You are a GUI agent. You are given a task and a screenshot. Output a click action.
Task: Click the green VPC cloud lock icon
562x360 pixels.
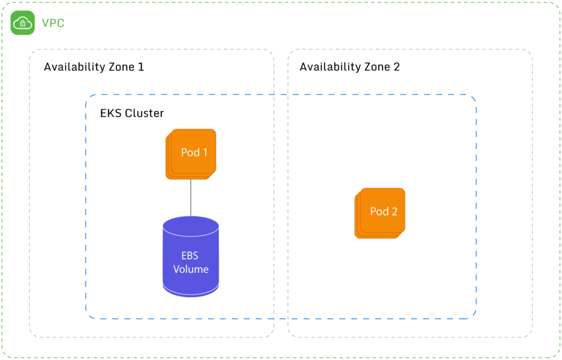22,23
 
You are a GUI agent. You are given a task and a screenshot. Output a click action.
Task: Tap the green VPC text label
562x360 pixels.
53,24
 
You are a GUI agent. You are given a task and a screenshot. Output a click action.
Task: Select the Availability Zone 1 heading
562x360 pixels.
94,67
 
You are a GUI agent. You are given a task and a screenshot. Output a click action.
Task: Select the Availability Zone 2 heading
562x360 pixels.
350,67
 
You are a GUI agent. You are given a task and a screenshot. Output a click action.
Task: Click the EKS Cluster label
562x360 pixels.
132,114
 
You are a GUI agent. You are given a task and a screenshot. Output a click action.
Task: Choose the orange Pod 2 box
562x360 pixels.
380,212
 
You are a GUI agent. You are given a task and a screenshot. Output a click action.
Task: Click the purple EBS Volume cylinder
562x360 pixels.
191,258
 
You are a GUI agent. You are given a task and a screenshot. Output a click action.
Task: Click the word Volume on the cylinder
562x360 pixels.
191,269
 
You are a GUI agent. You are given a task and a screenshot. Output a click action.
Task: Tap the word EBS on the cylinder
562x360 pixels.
190,256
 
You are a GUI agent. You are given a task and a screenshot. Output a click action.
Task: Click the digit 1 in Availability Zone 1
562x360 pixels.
141,67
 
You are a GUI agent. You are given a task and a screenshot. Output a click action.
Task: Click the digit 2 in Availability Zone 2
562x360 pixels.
397,67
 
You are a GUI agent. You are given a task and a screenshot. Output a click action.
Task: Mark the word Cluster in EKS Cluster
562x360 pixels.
145,114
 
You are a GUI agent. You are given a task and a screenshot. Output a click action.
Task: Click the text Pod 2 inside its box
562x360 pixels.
384,211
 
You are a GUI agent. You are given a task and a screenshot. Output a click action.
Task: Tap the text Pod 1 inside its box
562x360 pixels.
194,152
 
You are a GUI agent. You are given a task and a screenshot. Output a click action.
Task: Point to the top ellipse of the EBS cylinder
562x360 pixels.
191,226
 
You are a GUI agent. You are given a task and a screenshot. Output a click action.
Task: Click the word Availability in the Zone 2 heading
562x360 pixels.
327,67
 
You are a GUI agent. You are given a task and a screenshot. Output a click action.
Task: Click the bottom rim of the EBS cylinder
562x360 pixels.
191,292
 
